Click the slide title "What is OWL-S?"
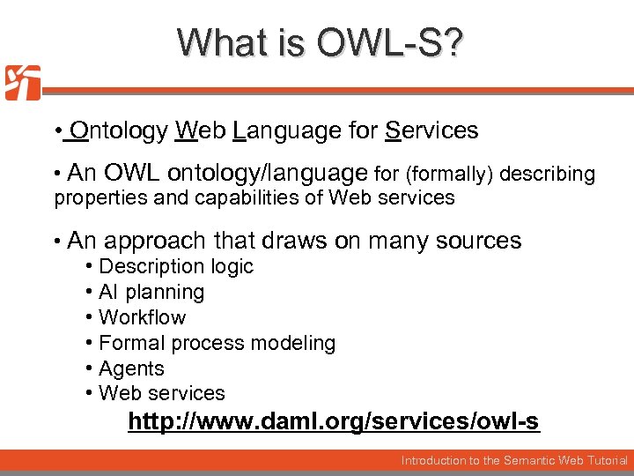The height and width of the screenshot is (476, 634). click(x=317, y=43)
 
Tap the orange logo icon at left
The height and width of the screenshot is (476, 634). click(x=22, y=83)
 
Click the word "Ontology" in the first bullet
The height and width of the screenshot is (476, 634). click(x=118, y=131)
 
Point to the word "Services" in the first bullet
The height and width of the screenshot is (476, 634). click(x=431, y=131)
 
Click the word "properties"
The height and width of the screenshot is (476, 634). click(x=100, y=197)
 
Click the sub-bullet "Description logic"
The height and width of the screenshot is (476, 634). click(x=175, y=266)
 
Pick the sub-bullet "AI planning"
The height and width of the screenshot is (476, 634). click(x=151, y=292)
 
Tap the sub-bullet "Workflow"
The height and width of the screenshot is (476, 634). click(x=142, y=317)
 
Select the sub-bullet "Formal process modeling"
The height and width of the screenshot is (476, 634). click(x=217, y=343)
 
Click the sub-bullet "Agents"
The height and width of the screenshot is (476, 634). click(x=131, y=368)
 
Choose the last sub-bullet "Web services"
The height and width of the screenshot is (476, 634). click(x=161, y=393)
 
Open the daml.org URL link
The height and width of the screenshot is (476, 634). click(x=333, y=422)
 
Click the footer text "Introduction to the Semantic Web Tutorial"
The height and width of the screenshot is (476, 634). click(x=514, y=460)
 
